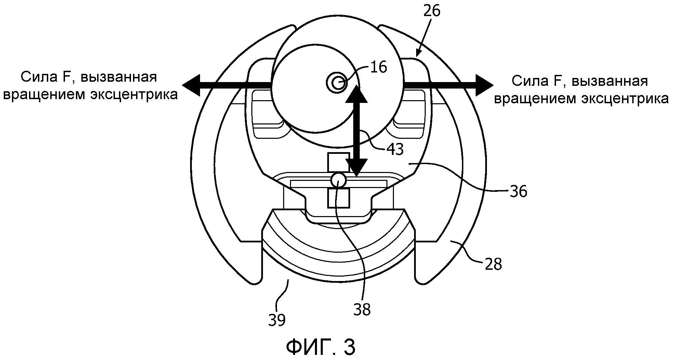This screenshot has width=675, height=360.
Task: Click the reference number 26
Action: pos(432,11)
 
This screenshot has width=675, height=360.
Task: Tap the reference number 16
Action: pos(379,67)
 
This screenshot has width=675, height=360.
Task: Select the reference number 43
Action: pos(395,149)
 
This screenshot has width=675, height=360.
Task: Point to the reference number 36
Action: pos(518,191)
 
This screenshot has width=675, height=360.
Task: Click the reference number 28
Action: pos(493,264)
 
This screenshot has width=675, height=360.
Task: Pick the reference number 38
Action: pos(362,310)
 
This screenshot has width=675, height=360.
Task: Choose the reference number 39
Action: pos(277,320)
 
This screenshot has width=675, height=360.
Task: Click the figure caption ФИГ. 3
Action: pos(321,347)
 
